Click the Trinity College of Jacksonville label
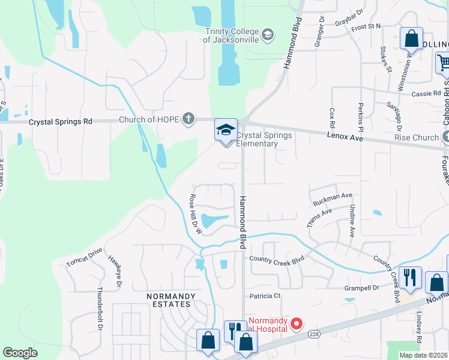(x=232, y=35)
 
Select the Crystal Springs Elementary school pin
(x=226, y=131)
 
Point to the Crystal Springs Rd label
(x=61, y=121)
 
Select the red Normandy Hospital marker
(x=296, y=324)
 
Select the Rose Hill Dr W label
(x=194, y=214)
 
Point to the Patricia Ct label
(x=265, y=296)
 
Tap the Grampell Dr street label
(x=362, y=288)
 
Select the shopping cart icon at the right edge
(x=442, y=62)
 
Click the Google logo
(x=20, y=353)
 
